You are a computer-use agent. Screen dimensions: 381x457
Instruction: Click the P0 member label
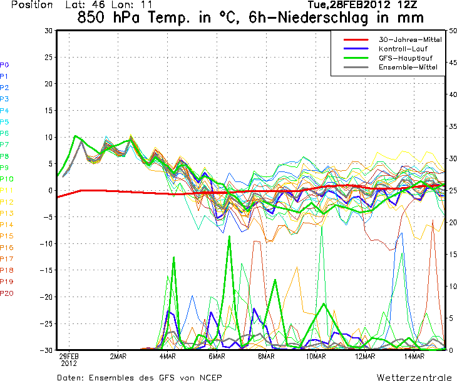4,64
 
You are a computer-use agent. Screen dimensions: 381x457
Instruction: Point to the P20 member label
7,293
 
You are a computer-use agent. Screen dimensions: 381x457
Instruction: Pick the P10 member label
7,179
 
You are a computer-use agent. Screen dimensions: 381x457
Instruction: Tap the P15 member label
7,236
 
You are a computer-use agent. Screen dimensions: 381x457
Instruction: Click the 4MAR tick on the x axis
167,357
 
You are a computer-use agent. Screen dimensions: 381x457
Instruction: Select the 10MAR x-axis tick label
316,357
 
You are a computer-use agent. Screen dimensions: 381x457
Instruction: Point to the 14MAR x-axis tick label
414,357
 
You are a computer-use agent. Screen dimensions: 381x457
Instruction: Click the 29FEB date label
68,357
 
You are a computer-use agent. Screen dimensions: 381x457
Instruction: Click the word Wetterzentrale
414,377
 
